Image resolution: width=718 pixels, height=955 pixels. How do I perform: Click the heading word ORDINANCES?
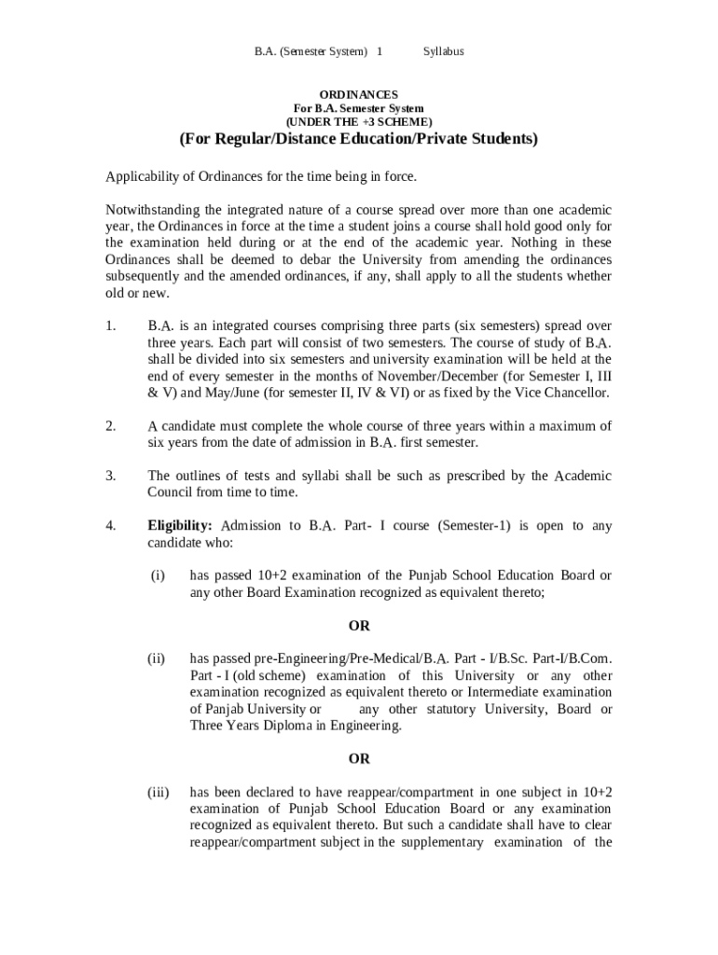359,95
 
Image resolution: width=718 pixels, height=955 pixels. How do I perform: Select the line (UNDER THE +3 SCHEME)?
359,122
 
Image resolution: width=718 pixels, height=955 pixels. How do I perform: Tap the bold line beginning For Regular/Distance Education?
359,140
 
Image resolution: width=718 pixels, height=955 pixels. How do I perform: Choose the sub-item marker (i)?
158,575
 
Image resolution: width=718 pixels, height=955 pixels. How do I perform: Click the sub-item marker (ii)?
158,658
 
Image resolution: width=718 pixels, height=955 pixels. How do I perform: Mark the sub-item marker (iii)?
158,792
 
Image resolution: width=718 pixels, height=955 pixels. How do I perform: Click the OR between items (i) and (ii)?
359,626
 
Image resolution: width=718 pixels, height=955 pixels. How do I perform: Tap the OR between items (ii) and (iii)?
359,759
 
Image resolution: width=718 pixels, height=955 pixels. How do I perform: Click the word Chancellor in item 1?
576,393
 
